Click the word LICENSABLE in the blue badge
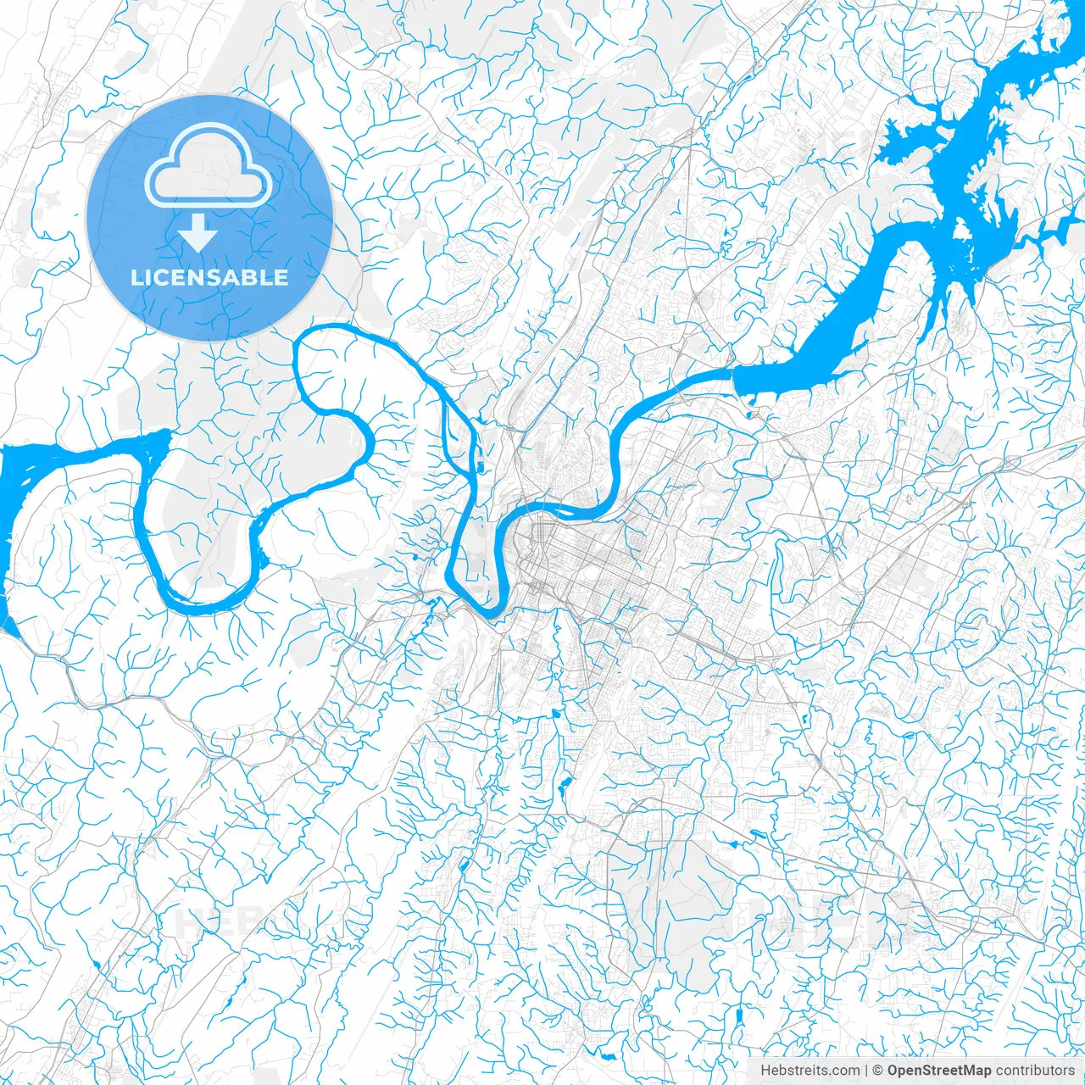[209, 278]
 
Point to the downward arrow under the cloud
[198, 232]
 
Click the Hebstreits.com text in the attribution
[810, 1071]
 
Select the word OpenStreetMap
[939, 1071]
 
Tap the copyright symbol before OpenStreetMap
[879, 1071]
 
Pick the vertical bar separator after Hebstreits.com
[866, 1071]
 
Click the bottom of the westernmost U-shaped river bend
[203, 604]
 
